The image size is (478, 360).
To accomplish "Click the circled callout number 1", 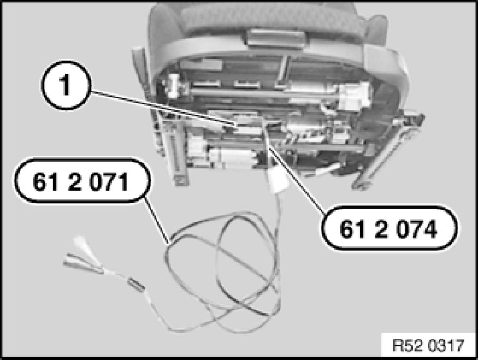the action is (x=66, y=85).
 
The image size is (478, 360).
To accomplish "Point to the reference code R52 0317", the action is (x=428, y=346).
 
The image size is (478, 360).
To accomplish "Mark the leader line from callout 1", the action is (x=162, y=108).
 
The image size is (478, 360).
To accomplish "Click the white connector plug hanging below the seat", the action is (x=278, y=182).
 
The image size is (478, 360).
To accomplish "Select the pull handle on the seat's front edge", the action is (x=275, y=39).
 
